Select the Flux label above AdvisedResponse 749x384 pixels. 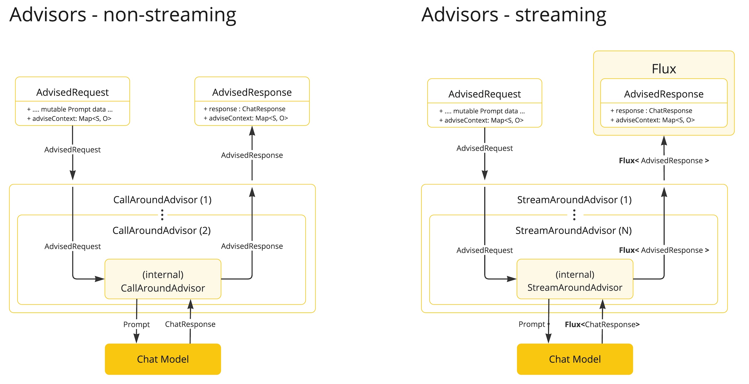(x=664, y=69)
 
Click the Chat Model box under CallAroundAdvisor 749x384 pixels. (x=163, y=359)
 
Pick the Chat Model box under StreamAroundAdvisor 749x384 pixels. (x=575, y=359)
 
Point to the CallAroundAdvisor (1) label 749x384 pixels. (x=162, y=200)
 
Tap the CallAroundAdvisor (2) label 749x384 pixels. (x=161, y=231)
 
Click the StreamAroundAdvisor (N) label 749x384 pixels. (x=573, y=231)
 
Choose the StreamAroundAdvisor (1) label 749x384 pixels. (x=574, y=200)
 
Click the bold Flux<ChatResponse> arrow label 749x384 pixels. (x=602, y=324)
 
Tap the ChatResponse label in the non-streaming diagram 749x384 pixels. (x=190, y=324)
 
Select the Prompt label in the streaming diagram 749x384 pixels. (x=532, y=324)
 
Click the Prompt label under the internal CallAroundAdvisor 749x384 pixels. (x=136, y=324)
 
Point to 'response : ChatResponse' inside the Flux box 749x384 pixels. (x=651, y=111)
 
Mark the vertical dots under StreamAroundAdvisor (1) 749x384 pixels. (x=574, y=215)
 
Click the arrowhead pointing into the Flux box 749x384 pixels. (x=664, y=141)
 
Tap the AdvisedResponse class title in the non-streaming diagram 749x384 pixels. (x=252, y=92)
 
